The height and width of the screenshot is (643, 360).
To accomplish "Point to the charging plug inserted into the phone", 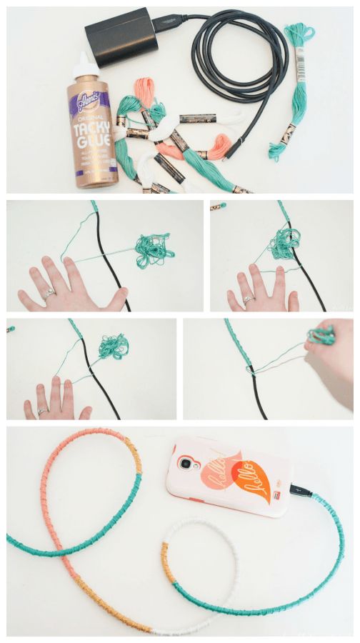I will pyautogui.click(x=301, y=492).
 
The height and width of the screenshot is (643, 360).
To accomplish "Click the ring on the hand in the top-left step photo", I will pyautogui.click(x=48, y=292).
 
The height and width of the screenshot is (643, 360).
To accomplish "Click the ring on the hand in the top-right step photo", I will pyautogui.click(x=249, y=299).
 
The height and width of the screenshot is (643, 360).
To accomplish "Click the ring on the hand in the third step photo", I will pyautogui.click(x=42, y=411).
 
